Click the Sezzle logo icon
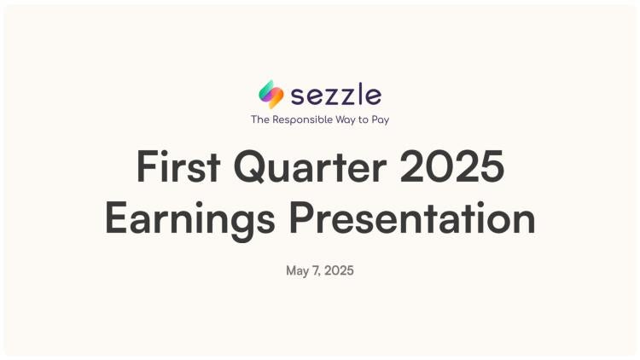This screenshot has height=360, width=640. point(271,95)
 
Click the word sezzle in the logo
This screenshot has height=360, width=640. point(336,95)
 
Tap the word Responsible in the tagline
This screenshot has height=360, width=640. point(302,119)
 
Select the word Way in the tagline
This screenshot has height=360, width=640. point(346,120)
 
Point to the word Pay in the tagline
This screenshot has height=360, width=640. point(381,120)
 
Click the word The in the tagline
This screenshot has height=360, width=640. point(260,119)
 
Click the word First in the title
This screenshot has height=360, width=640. point(178,166)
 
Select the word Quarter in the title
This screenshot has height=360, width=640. point(310,167)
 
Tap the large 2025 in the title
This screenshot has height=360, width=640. point(451,166)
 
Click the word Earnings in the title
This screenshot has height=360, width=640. point(189,220)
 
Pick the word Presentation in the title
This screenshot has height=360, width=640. point(412,218)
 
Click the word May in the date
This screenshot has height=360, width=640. point(297,270)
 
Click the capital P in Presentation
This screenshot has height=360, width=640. point(302,218)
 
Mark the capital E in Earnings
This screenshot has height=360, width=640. point(116,218)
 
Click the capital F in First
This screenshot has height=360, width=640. point(147,166)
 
